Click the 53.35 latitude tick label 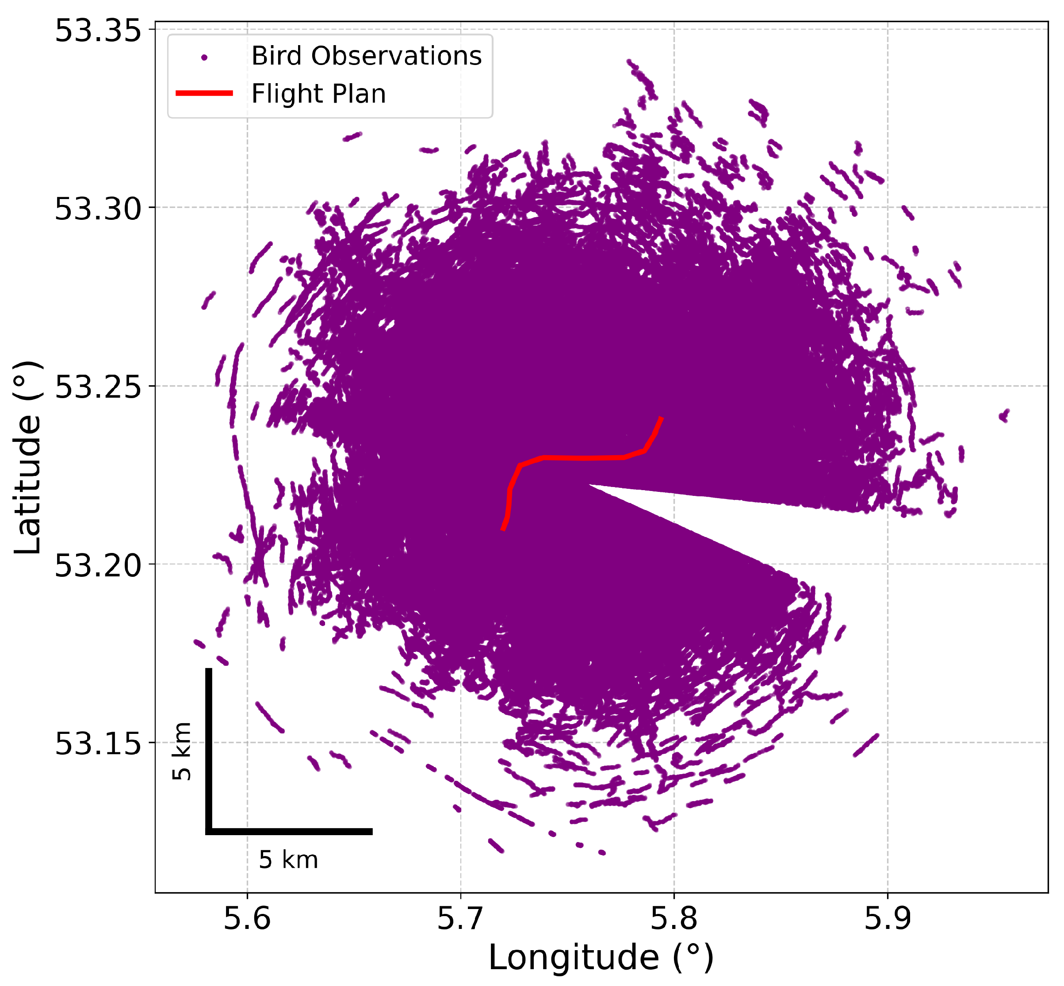[98, 31]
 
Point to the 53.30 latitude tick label [98, 209]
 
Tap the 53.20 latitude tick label [98, 565]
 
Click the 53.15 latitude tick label [98, 743]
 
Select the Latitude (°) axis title [28, 458]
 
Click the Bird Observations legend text [367, 56]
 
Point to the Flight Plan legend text [318, 94]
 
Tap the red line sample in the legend [204, 93]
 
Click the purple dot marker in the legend [204, 57]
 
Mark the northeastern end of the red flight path [661, 418]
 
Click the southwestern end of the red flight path [503, 530]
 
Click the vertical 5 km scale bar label [182, 751]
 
